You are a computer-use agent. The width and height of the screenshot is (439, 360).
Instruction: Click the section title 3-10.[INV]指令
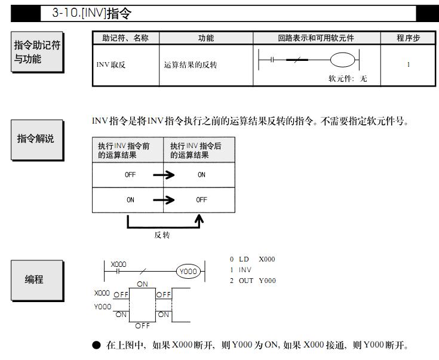93,13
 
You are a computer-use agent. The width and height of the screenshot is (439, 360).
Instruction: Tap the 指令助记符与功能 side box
37,53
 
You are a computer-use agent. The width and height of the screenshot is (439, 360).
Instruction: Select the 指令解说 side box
35,139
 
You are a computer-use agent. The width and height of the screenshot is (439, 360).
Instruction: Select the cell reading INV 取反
111,64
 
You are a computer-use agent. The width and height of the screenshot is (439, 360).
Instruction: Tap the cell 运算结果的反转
191,64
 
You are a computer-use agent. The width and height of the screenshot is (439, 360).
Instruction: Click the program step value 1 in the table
409,64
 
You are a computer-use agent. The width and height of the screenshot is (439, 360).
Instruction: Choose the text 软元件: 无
348,78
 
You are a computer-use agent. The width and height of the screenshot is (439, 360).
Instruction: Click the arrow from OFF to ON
164,175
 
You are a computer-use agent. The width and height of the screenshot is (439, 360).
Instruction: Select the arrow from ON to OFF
164,200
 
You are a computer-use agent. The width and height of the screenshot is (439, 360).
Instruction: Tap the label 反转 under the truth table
162,235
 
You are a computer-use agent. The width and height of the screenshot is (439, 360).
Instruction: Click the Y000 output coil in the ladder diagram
188,271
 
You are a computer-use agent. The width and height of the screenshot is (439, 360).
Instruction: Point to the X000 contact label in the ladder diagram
118,264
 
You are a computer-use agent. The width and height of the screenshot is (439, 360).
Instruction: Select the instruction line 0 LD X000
253,259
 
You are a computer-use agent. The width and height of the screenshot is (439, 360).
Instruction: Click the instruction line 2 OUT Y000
253,281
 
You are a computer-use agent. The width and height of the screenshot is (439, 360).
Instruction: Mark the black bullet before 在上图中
97,346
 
